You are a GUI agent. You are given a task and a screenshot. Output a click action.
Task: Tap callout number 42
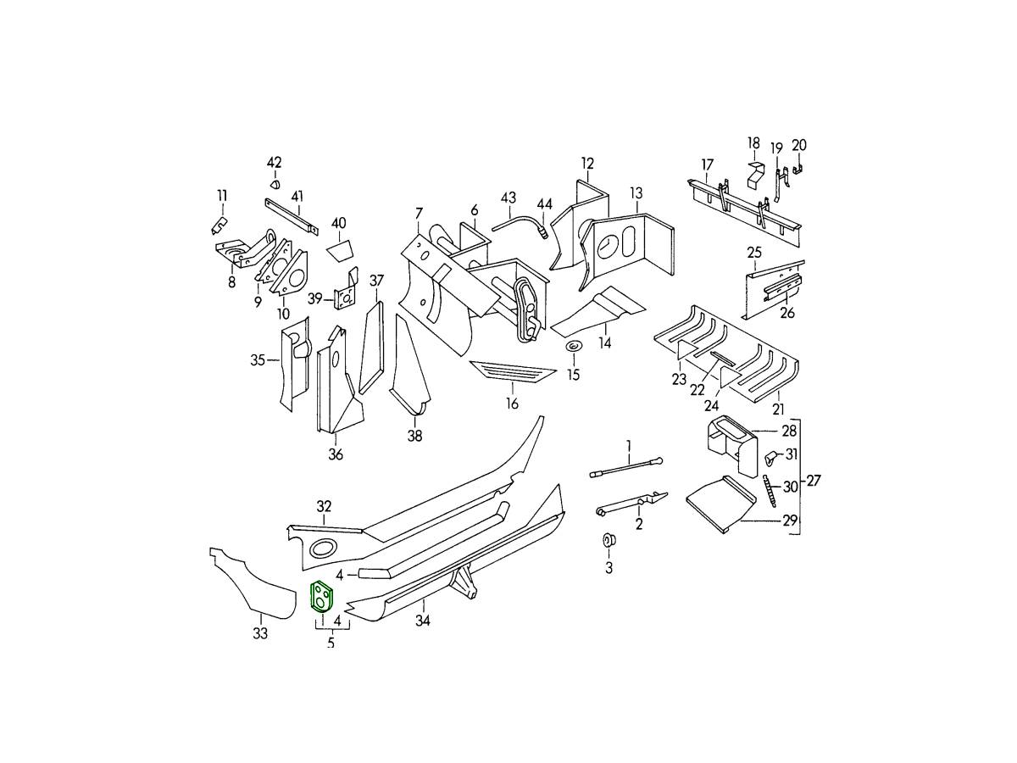click(x=274, y=163)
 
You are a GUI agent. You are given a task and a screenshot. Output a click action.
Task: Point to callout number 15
click(x=574, y=374)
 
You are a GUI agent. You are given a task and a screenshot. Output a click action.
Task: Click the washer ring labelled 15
click(x=574, y=347)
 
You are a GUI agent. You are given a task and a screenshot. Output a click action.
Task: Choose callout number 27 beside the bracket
click(x=814, y=481)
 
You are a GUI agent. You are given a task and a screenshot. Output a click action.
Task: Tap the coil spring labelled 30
click(x=770, y=491)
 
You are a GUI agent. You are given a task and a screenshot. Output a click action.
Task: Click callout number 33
click(x=260, y=633)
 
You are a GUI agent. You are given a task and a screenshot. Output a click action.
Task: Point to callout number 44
click(x=544, y=203)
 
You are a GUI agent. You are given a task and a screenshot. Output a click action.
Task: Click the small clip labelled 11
click(x=218, y=225)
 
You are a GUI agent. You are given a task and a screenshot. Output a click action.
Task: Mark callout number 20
click(x=799, y=145)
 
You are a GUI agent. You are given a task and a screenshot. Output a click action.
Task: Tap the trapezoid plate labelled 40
click(x=341, y=250)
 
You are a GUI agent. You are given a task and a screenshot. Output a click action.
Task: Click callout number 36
click(x=336, y=454)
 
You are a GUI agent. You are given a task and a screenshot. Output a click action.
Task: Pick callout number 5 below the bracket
click(x=331, y=643)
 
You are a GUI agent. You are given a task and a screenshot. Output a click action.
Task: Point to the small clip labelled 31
click(x=771, y=459)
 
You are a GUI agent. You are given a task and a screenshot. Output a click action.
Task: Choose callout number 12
click(x=587, y=164)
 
